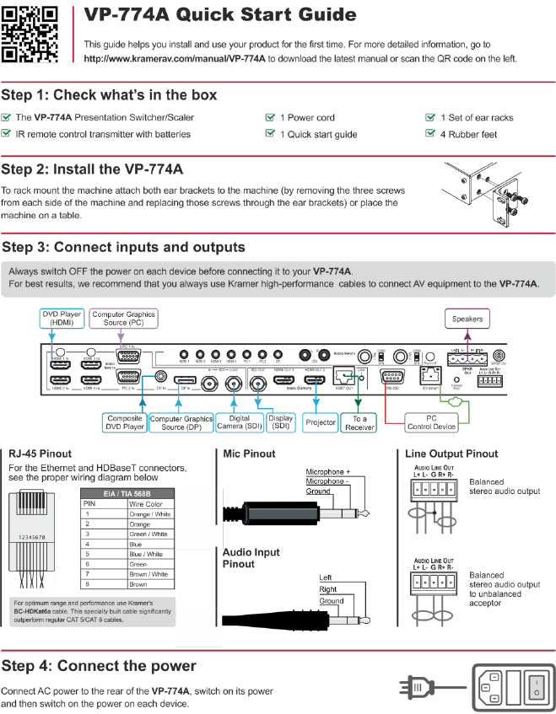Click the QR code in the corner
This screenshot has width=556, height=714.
30,35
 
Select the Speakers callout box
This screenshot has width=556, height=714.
467,319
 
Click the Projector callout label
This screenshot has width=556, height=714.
320,421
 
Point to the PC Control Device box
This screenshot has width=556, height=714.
430,421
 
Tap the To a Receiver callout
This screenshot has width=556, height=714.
359,422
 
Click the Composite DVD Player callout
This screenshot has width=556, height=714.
124,422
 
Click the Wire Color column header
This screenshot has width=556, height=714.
144,504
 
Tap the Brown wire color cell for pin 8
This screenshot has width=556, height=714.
138,583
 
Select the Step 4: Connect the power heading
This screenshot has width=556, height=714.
99,666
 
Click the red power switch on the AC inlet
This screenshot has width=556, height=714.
535,684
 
